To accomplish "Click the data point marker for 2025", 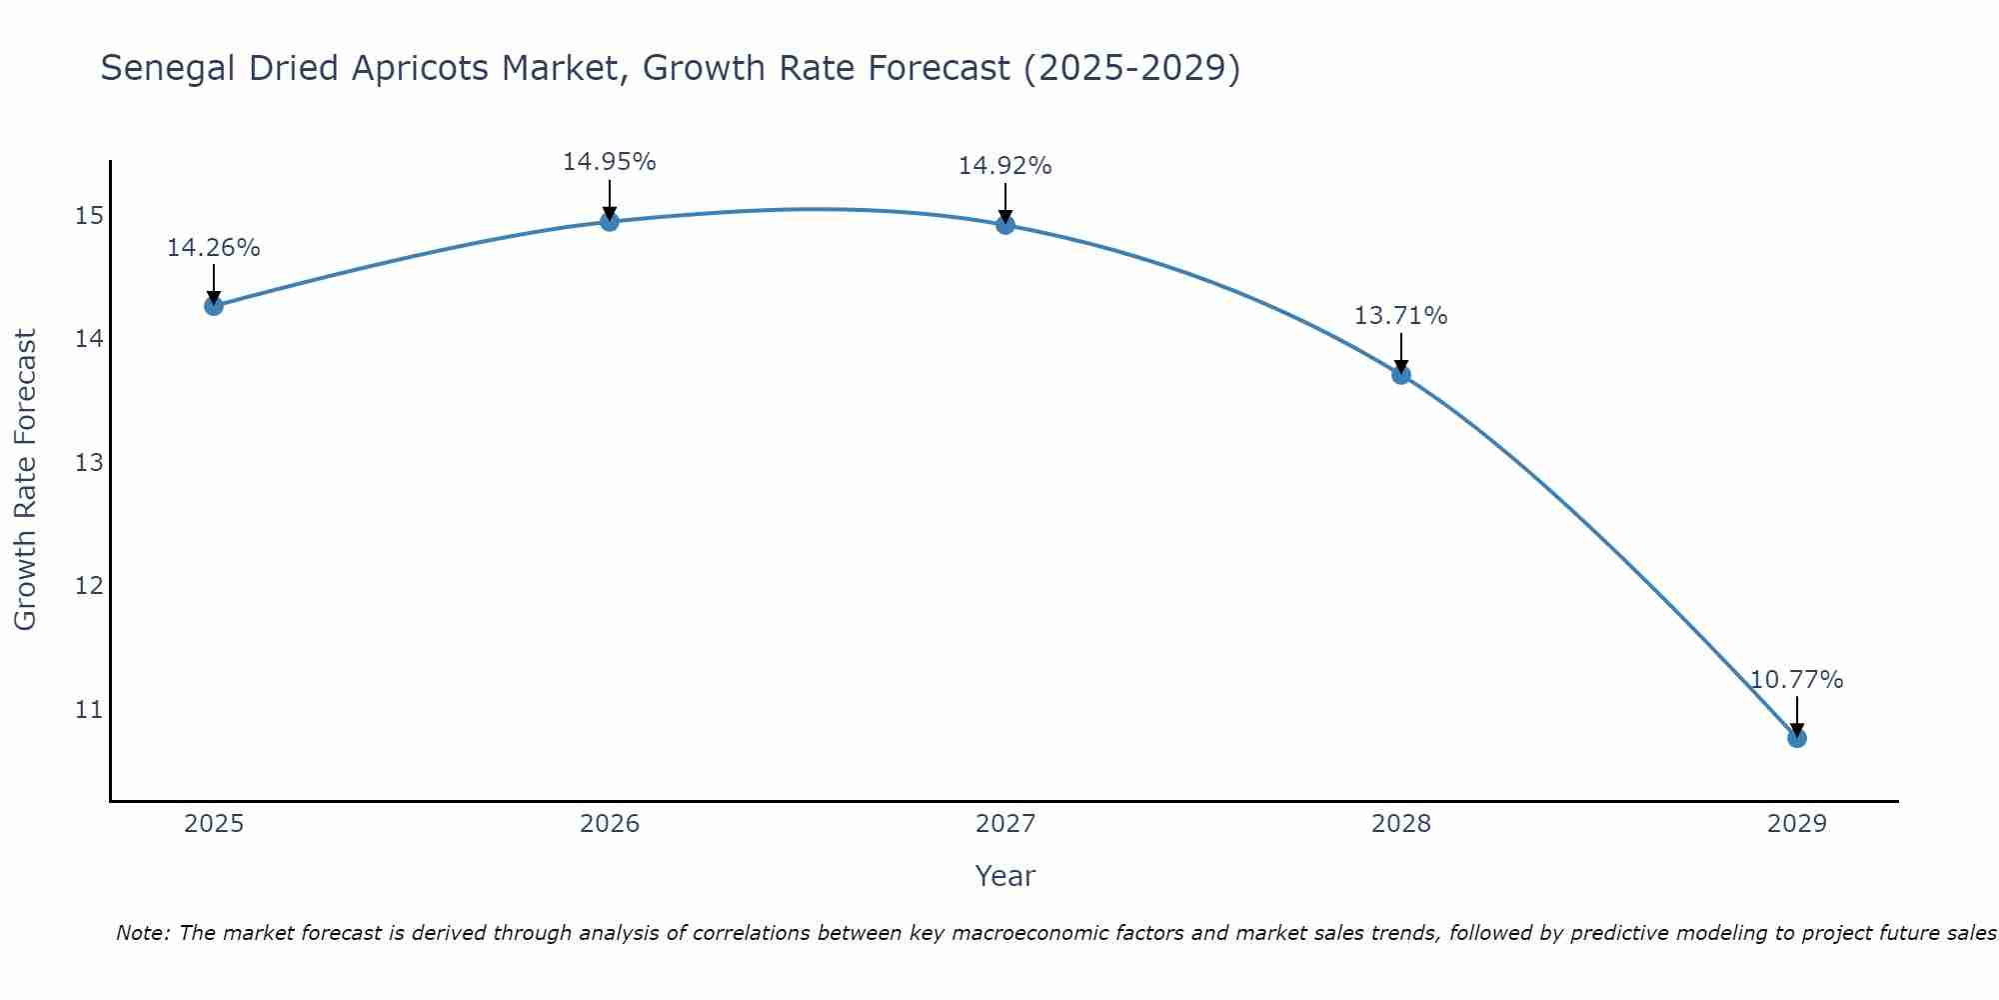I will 214,306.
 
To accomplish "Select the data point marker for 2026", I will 610,221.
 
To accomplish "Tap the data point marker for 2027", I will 1005,225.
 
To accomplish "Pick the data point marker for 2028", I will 1401,375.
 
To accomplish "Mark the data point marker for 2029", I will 1796,738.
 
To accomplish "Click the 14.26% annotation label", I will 214,248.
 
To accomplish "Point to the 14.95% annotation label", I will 610,162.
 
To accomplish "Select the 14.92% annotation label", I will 1005,166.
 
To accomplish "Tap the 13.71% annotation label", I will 1401,316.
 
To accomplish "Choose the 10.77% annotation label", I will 1796,680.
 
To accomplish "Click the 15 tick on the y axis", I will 89,216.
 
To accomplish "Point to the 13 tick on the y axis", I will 89,463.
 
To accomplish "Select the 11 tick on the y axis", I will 89,710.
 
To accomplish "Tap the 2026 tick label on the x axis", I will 610,824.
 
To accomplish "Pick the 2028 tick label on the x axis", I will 1401,824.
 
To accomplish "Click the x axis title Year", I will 1005,876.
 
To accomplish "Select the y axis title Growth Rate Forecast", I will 25,480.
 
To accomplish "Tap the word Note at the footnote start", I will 143,933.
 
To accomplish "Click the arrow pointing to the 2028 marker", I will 1401,352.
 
